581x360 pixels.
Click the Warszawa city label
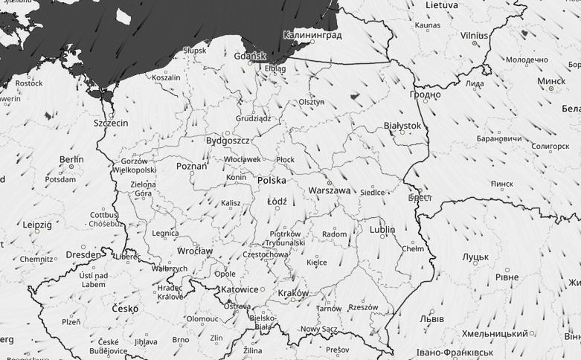click(x=329, y=190)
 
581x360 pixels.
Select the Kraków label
click(x=292, y=293)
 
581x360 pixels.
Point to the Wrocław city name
click(x=195, y=251)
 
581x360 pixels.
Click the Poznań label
click(x=191, y=166)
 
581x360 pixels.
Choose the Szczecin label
click(x=111, y=123)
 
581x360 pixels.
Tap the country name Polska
click(x=272, y=181)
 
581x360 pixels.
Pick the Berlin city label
click(x=71, y=159)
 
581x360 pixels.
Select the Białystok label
click(x=402, y=126)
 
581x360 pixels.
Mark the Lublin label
click(x=382, y=230)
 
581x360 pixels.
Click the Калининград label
click(x=312, y=35)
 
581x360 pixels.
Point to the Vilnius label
click(x=474, y=35)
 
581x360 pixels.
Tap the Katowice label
click(x=239, y=289)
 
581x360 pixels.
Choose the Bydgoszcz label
click(x=228, y=140)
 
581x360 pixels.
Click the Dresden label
click(x=83, y=254)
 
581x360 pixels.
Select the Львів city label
click(x=432, y=319)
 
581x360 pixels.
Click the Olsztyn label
click(x=311, y=102)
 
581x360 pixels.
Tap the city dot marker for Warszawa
click(x=329, y=182)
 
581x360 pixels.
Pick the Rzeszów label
click(x=363, y=307)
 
